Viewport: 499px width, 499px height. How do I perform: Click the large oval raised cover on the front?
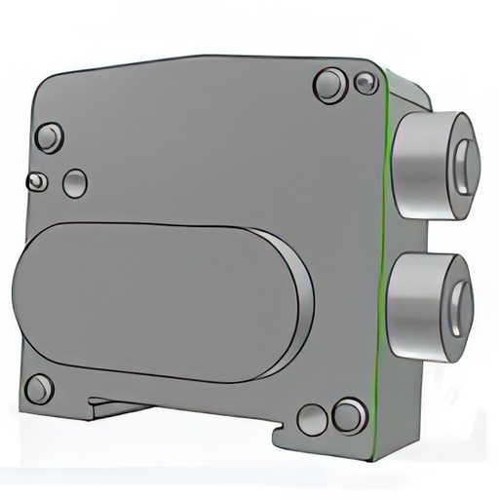point(156,300)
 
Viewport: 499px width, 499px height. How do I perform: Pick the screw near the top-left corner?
point(49,137)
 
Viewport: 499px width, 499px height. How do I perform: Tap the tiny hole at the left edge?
point(36,181)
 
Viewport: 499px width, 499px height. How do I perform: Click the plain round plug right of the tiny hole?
point(75,183)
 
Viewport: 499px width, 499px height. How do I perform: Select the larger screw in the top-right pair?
point(330,85)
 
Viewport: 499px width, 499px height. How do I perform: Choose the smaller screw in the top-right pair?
point(365,83)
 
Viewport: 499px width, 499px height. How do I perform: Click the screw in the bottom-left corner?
point(39,389)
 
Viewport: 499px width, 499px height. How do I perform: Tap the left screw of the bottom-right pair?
point(313,419)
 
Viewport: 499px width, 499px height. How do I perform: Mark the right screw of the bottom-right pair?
point(349,416)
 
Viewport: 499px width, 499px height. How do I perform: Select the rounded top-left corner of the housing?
point(44,83)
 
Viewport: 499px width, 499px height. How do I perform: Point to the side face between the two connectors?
point(414,234)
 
